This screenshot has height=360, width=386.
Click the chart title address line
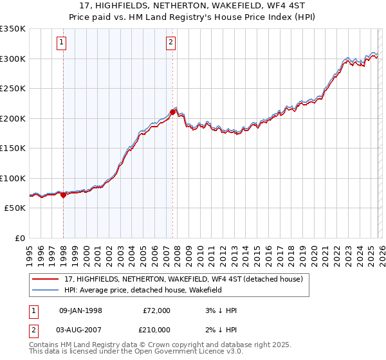click(x=192, y=6)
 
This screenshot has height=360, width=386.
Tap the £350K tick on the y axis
click(x=13, y=29)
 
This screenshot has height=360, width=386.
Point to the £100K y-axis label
click(x=13, y=178)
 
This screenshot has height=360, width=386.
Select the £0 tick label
click(x=19, y=238)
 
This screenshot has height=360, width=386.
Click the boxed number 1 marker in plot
click(x=62, y=43)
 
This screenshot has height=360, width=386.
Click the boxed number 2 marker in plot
click(x=170, y=43)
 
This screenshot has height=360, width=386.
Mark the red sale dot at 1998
click(x=63, y=195)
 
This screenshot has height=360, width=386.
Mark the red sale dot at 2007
click(x=172, y=112)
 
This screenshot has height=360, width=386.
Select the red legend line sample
click(x=46, y=279)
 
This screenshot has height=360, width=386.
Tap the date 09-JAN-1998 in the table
click(x=80, y=310)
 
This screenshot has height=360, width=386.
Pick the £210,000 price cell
click(x=156, y=330)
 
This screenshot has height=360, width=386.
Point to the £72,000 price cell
click(x=156, y=310)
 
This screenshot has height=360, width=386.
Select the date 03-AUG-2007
click(x=80, y=330)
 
